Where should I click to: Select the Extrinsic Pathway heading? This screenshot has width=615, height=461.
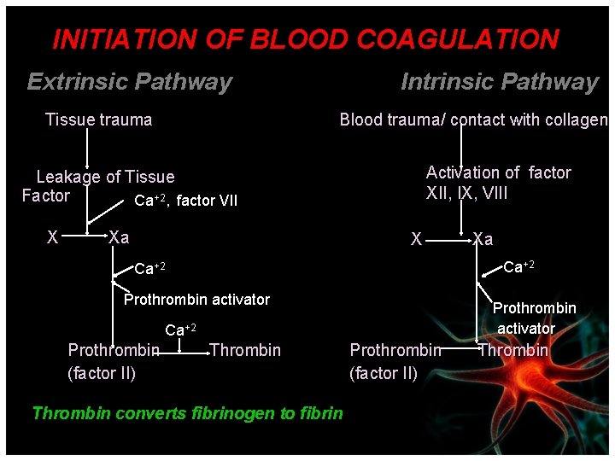[130, 82]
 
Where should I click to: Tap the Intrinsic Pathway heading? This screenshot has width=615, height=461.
[499, 82]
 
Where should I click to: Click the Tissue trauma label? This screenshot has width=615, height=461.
[98, 120]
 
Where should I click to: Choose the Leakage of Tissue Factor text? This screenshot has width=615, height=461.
[97, 186]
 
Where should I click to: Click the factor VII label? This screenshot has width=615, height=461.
[207, 201]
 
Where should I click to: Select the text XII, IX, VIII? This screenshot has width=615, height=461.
[466, 194]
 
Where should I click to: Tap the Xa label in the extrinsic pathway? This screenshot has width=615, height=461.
[119, 236]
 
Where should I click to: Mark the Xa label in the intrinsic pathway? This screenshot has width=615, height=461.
[483, 239]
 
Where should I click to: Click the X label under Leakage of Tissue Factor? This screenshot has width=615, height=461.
[52, 236]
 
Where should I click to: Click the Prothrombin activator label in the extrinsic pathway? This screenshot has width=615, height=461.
[196, 300]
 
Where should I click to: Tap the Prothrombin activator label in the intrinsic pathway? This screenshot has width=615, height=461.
[534, 318]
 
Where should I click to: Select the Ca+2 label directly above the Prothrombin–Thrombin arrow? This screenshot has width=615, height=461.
[180, 330]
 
